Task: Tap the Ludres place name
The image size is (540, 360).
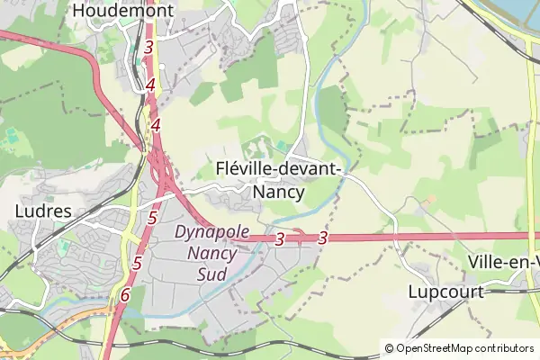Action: tap(43, 211)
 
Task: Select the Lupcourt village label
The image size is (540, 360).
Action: tap(445, 292)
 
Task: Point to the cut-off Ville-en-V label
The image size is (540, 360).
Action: tap(504, 261)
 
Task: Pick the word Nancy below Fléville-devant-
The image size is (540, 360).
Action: tap(279, 192)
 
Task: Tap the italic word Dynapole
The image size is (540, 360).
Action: tap(211, 232)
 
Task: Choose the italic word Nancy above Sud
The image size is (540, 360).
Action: tap(211, 253)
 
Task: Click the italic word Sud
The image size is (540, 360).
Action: tap(211, 274)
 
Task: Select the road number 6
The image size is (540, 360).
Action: tap(125, 294)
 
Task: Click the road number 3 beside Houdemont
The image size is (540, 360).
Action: tap(148, 46)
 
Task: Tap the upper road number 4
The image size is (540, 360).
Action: tap(150, 85)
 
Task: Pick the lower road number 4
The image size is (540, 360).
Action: tap(156, 125)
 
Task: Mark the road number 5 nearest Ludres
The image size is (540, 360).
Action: tap(152, 218)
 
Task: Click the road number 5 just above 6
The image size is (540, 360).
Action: tap(137, 264)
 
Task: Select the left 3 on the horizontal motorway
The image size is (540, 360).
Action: tap(280, 238)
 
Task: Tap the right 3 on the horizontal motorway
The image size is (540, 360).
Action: tap(322, 238)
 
